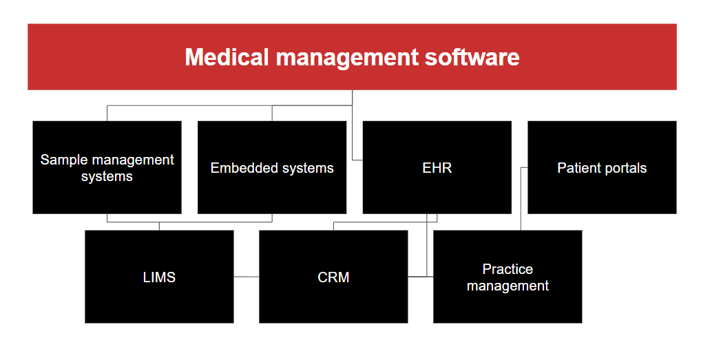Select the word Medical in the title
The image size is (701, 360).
pyautogui.click(x=227, y=57)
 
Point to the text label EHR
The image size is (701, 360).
pyautogui.click(x=437, y=168)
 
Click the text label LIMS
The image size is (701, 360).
pyautogui.click(x=159, y=277)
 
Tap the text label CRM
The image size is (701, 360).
pyautogui.click(x=333, y=277)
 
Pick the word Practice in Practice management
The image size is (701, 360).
pyautogui.click(x=508, y=269)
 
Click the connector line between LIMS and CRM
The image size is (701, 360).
pyautogui.click(x=247, y=277)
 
